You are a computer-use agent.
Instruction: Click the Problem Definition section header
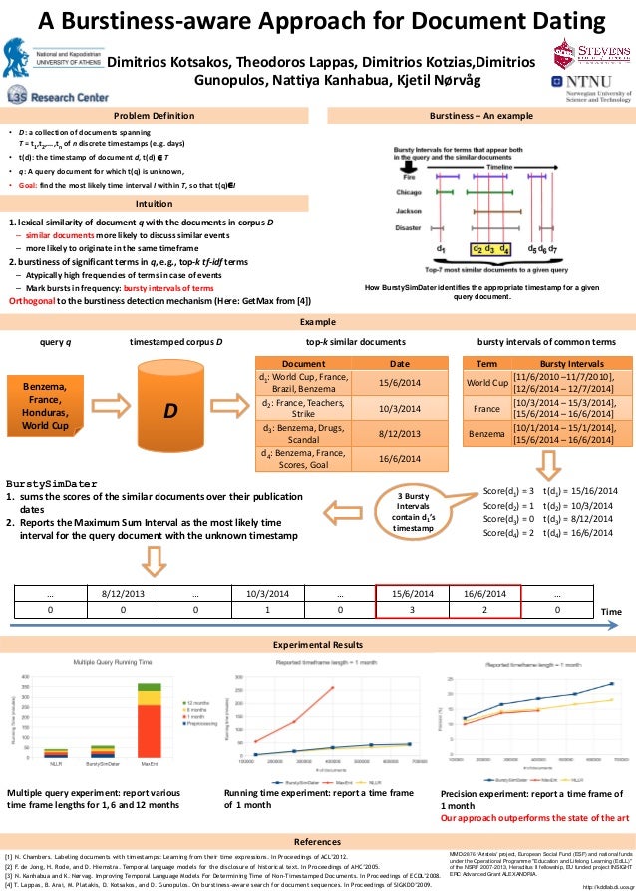154,116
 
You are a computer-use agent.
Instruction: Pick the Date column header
400,365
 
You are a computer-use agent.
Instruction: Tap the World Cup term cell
487,383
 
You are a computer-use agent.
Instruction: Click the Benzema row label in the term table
487,435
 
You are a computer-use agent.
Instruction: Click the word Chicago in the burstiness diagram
408,191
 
